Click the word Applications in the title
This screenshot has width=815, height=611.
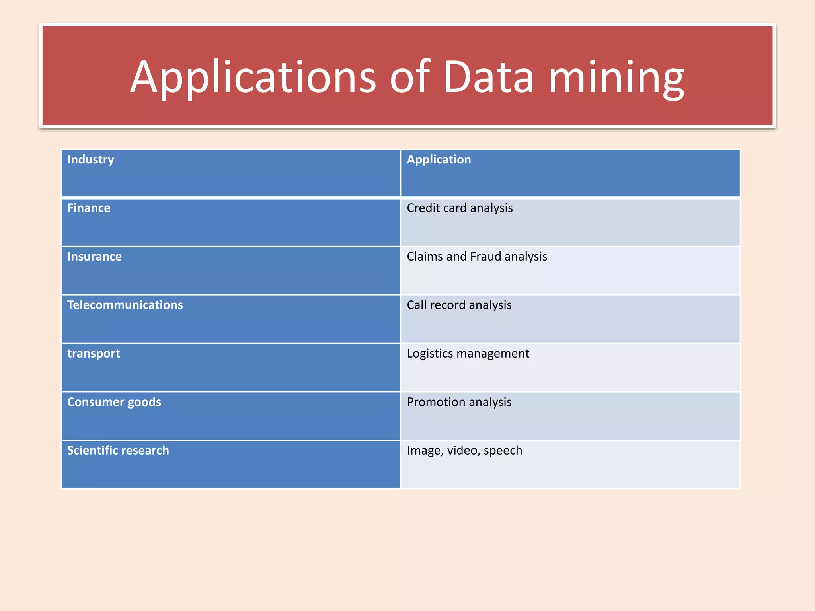pos(253,77)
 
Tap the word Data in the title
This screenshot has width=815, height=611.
pos(488,77)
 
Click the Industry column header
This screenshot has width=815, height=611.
pos(91,160)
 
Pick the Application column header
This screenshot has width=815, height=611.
pos(439,160)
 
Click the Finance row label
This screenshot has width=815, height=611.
pos(89,208)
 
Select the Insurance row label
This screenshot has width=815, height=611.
pos(94,257)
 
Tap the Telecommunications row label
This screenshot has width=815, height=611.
pos(125,305)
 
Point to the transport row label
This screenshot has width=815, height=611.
pos(94,354)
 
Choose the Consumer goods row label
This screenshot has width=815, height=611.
pos(114,402)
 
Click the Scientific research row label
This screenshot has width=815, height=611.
pos(118,451)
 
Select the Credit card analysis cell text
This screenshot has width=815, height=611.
pos(460,208)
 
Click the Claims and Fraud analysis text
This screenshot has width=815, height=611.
pos(477,257)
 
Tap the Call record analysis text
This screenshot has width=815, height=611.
pos(459,305)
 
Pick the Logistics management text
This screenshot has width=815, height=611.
pos(468,354)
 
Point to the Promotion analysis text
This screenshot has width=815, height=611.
pos(459,402)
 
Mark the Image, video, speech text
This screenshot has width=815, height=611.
pos(464,451)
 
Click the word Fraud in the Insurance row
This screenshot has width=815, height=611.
pos(485,257)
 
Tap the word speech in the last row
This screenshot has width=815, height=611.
pos(503,451)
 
